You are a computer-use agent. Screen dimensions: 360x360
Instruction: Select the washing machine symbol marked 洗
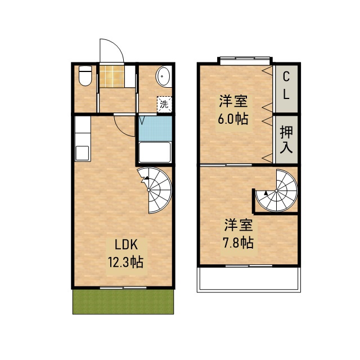164,104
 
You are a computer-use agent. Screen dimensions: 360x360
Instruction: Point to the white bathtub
154,153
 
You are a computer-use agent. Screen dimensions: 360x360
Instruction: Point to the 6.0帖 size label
233,119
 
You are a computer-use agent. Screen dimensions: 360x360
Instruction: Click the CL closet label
286,85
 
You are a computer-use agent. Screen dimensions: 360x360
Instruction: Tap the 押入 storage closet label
286,139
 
